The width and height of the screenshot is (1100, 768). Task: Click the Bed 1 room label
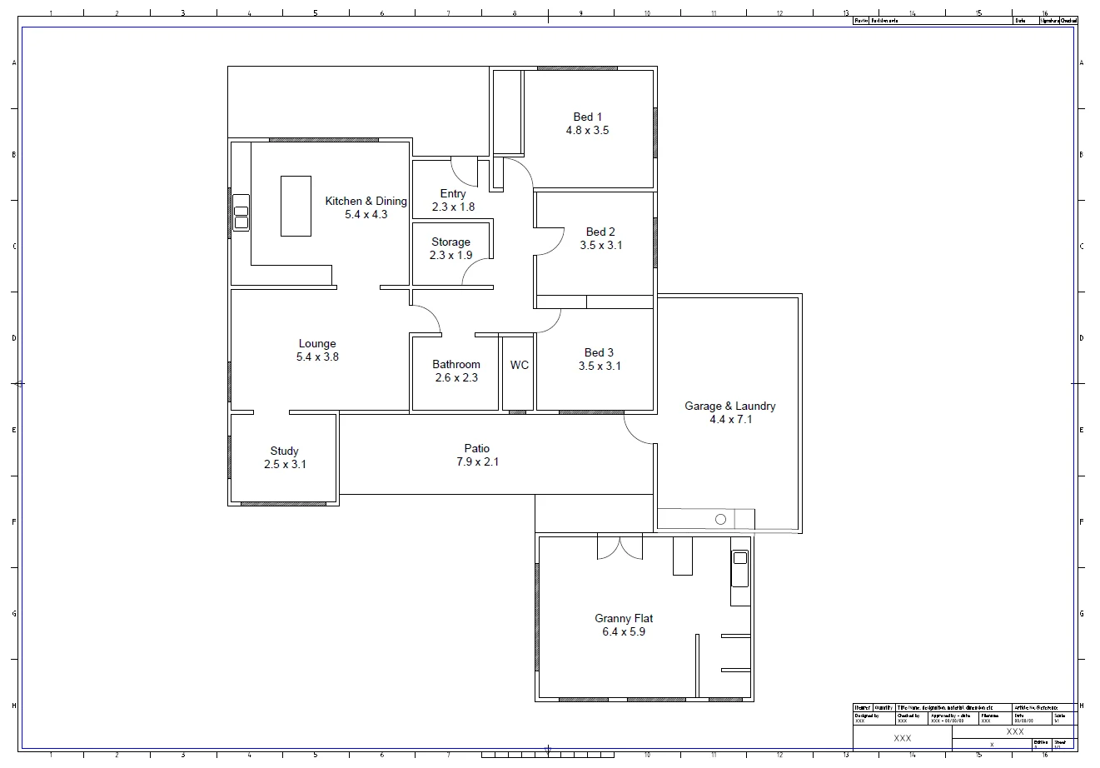coord(587,117)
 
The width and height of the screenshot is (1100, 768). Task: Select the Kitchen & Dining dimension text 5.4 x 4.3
coord(366,215)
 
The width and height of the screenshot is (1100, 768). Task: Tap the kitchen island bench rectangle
coord(296,206)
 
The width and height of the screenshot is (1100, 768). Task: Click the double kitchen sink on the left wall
coord(241,212)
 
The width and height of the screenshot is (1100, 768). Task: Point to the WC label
coord(520,366)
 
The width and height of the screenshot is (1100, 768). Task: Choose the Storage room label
coord(450,242)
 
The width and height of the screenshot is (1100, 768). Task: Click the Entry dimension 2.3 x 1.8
coord(453,207)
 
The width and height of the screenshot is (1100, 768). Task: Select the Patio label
coord(477,449)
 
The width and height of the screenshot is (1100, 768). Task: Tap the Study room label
coord(284,451)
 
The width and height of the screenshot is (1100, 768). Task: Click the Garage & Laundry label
coord(729,406)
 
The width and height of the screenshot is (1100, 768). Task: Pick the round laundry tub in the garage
coord(720,519)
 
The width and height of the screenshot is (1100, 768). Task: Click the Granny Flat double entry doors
coord(620,546)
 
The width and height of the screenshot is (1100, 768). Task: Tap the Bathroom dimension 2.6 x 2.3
coord(456,377)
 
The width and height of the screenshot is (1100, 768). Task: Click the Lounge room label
coord(317,344)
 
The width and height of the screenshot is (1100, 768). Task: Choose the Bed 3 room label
coord(600,353)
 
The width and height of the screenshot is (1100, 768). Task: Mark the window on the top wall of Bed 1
coord(577,68)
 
